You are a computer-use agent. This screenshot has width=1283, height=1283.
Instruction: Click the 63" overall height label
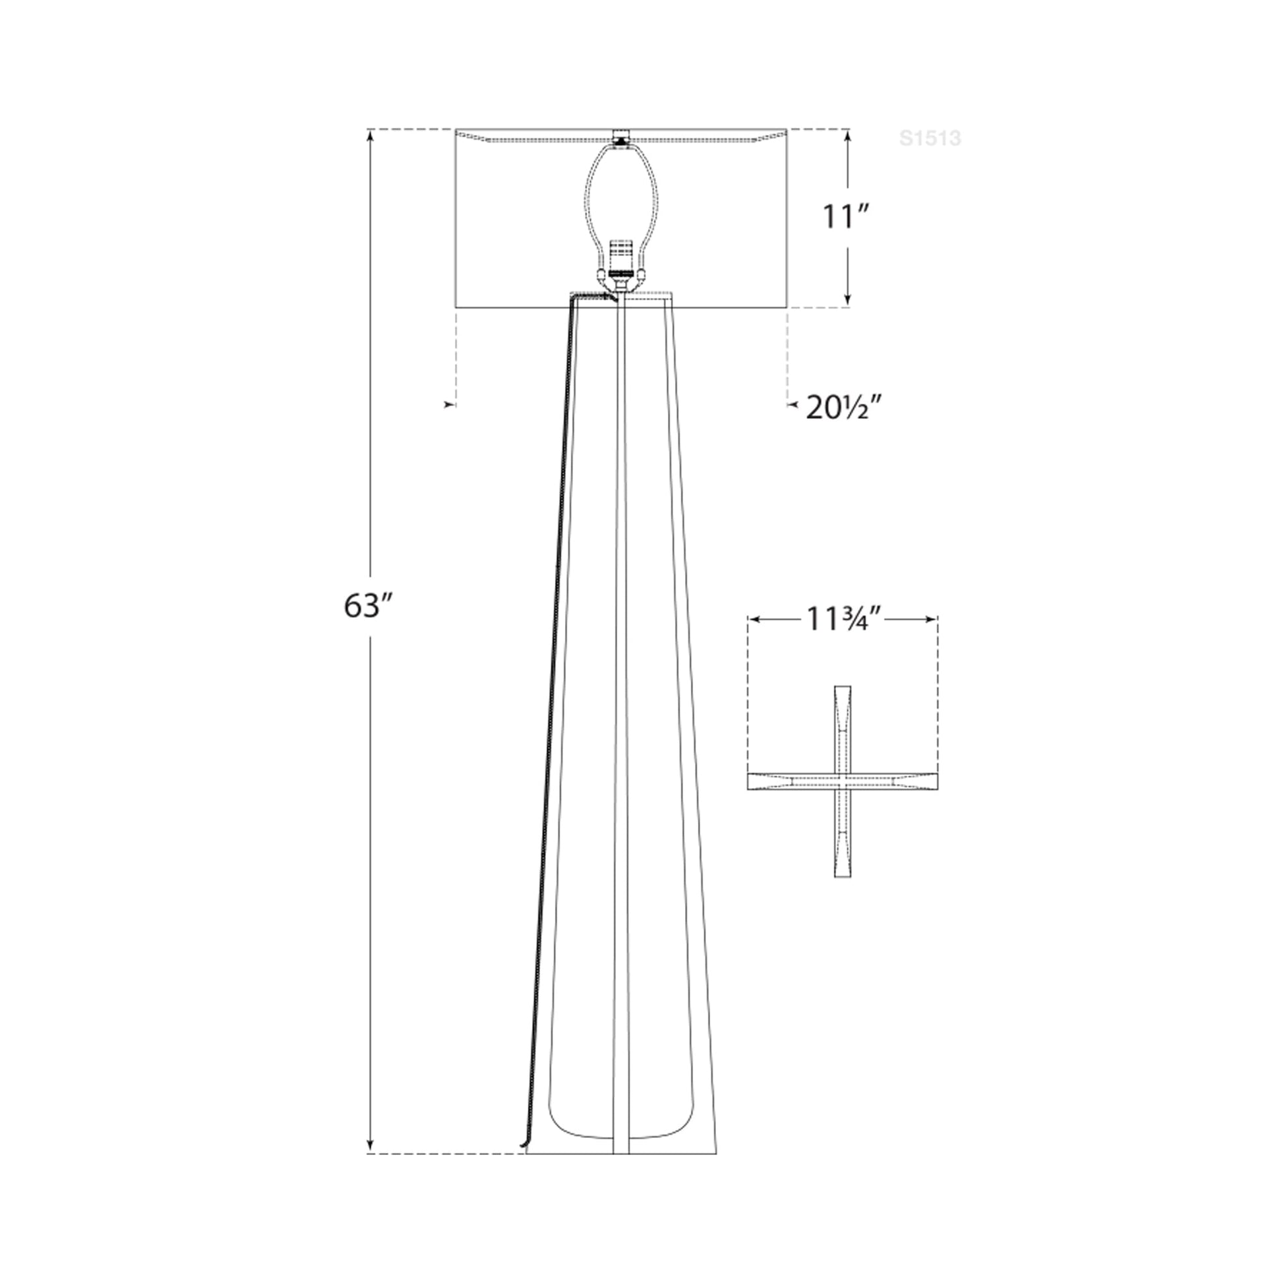coord(370,606)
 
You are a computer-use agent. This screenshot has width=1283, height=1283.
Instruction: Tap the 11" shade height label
coord(847,216)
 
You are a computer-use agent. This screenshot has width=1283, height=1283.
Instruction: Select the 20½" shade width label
coord(844,407)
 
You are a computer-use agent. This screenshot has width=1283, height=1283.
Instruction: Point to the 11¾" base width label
coord(843,620)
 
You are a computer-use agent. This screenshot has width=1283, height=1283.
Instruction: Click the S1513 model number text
coord(930,138)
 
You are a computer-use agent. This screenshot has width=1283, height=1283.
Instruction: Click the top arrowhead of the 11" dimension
coord(847,134)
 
